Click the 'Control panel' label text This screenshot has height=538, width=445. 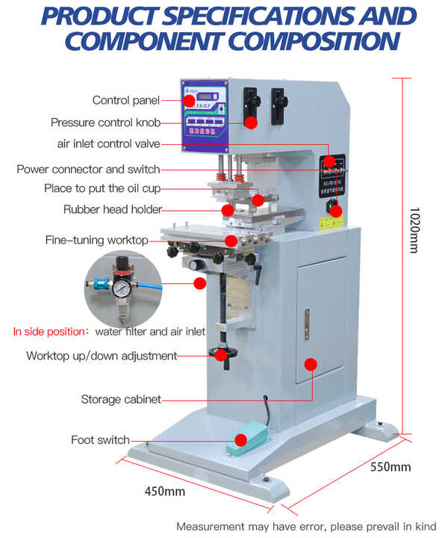(125, 100)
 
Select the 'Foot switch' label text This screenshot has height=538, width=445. (100, 439)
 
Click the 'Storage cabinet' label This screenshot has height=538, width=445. (120, 400)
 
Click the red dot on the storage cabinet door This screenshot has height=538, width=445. (311, 364)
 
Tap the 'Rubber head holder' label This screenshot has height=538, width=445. (112, 210)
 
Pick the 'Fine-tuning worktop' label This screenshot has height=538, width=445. (96, 240)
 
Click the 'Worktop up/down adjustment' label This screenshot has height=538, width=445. (102, 356)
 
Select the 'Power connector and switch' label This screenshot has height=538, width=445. (88, 170)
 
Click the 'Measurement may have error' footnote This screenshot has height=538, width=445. (305, 526)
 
